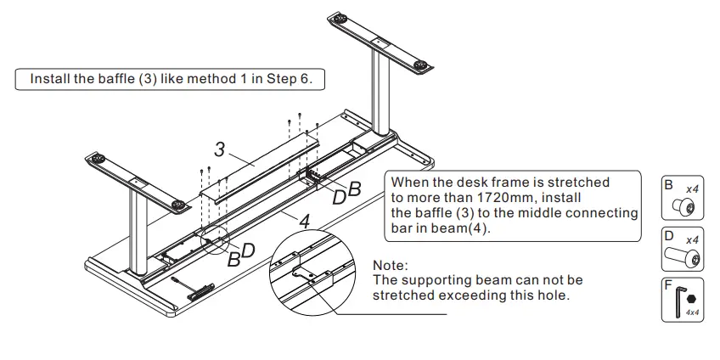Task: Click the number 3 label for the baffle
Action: (x=219, y=150)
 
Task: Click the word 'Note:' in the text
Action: (x=391, y=266)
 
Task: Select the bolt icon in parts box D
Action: (x=683, y=255)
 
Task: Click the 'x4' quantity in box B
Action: (x=691, y=188)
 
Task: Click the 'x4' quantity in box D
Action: (x=692, y=240)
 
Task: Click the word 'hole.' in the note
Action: (x=553, y=295)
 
